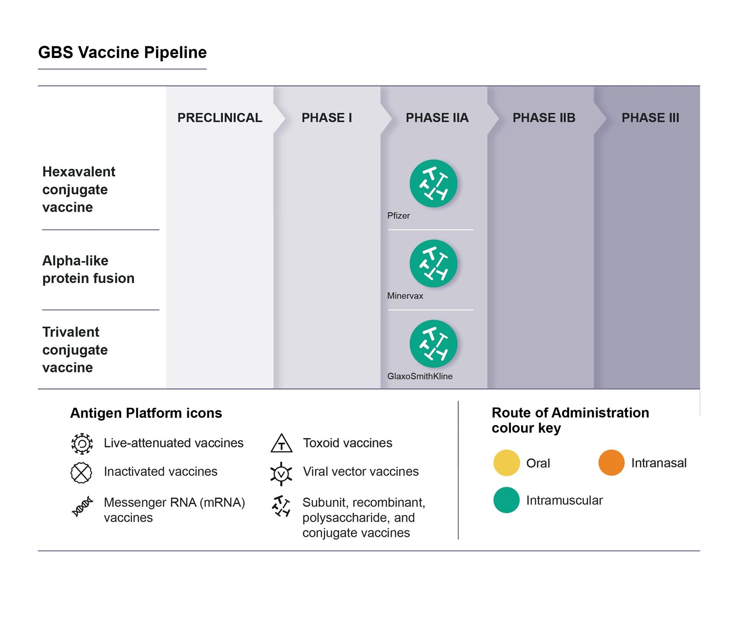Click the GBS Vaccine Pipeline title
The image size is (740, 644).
point(122,52)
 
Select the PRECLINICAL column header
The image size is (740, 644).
point(219,118)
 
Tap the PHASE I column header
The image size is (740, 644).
point(326,118)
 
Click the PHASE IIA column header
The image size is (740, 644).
point(437,118)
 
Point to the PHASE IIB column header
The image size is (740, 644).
point(543,118)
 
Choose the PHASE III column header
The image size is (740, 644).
point(650,118)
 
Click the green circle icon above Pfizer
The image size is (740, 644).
point(433,183)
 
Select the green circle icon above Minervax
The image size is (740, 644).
point(433,264)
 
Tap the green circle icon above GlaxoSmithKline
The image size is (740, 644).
point(433,344)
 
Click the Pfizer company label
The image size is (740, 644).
point(398,216)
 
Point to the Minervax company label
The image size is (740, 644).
point(405,296)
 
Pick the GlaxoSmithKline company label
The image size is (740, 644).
point(419,376)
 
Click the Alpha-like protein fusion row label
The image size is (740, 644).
point(88,269)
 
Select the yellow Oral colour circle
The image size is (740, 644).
point(506,462)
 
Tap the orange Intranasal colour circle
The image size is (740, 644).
point(611,462)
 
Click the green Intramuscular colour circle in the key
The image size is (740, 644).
point(506,500)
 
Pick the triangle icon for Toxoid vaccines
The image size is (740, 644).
point(281,444)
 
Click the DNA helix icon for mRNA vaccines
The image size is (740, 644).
point(82,506)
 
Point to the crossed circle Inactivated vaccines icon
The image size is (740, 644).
point(81,472)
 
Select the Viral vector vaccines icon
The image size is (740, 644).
point(281,473)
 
